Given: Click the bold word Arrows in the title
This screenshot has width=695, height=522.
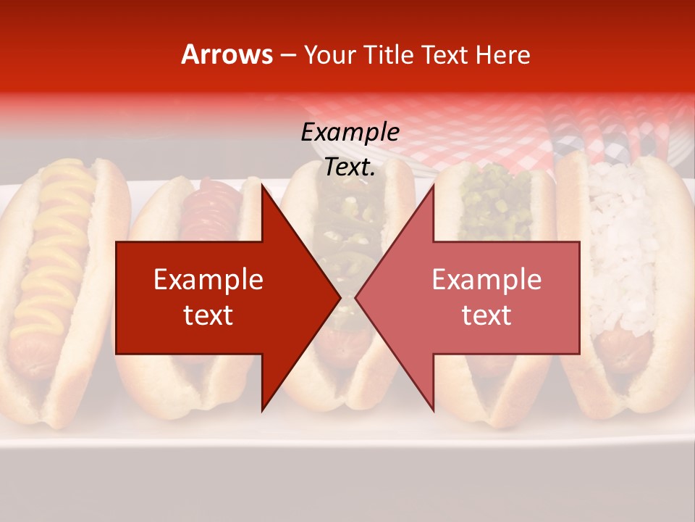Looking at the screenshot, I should click(x=227, y=54).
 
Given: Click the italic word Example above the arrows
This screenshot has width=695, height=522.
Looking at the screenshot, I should click(x=350, y=133).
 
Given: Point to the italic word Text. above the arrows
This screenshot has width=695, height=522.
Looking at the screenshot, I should click(x=350, y=167).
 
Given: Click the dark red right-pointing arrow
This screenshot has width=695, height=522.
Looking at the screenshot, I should click(x=217, y=297).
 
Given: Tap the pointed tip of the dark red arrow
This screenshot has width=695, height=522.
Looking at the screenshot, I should click(x=339, y=297).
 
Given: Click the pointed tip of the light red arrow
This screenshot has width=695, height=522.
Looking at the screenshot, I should click(x=357, y=297).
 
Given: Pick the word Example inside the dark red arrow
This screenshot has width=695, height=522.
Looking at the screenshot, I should click(x=208, y=280).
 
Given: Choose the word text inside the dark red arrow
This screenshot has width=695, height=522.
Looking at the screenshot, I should click(x=208, y=315).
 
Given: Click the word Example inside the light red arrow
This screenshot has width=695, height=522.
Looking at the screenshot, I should click(x=486, y=280).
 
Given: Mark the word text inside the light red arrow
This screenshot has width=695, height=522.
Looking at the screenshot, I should click(x=486, y=315).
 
